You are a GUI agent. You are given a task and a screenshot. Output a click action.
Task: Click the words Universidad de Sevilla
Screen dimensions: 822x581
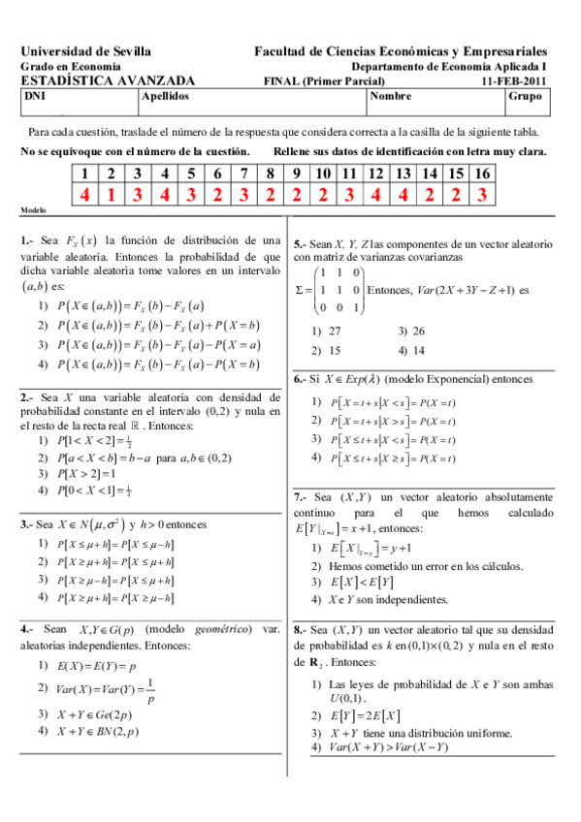click(84, 50)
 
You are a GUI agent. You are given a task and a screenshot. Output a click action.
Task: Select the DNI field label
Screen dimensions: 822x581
click(34, 97)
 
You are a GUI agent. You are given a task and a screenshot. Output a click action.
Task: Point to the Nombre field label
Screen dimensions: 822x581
click(391, 97)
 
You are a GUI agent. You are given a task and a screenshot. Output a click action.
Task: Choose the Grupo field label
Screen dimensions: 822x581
click(525, 97)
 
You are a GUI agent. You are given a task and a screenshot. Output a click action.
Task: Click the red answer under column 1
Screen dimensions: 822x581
click(85, 195)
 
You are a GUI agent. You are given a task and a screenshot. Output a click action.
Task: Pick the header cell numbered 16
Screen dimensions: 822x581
click(481, 174)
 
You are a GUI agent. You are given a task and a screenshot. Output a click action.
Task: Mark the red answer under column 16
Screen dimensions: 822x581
click(481, 195)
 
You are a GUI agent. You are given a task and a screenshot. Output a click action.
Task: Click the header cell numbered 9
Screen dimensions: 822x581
click(296, 174)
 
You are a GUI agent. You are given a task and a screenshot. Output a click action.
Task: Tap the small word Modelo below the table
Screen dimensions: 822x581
click(33, 210)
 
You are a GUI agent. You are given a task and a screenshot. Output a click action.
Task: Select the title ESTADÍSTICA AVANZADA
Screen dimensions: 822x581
click(107, 81)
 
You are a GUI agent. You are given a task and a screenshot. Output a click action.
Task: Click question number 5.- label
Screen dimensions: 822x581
click(301, 245)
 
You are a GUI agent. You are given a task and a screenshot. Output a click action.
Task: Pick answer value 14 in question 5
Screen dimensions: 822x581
click(418, 350)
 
